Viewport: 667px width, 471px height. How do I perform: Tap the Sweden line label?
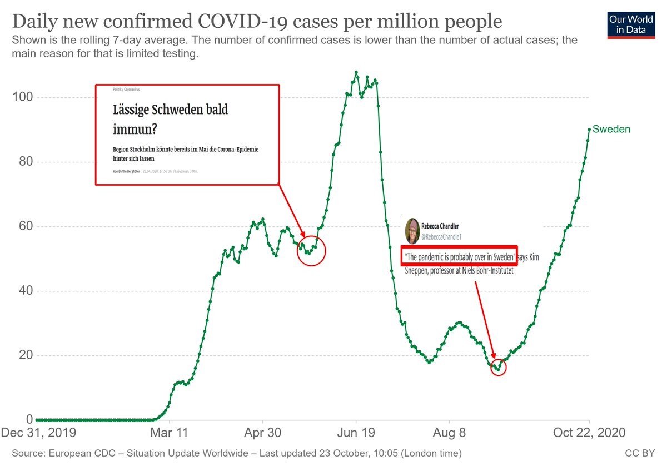pyautogui.click(x=611, y=130)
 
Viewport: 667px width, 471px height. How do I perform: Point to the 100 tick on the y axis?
pyautogui.click(x=23, y=97)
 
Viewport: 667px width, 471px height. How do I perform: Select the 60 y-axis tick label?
pyautogui.click(x=23, y=226)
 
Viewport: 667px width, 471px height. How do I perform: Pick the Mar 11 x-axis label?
pyautogui.click(x=170, y=433)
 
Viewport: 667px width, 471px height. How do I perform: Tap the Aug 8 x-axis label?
pyautogui.click(x=449, y=433)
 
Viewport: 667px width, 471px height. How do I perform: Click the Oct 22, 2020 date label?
pyautogui.click(x=589, y=433)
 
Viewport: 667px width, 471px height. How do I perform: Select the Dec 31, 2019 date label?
pyautogui.click(x=39, y=433)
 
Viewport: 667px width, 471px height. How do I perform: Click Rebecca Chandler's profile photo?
pyautogui.click(x=412, y=231)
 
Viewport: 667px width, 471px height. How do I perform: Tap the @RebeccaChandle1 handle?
pyautogui.click(x=441, y=237)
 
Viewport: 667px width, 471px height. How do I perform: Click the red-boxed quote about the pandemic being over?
pyautogui.click(x=460, y=257)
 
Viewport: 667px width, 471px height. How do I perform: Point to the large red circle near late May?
pyautogui.click(x=311, y=251)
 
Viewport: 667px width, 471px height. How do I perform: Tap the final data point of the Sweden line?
pyautogui.click(x=589, y=130)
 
